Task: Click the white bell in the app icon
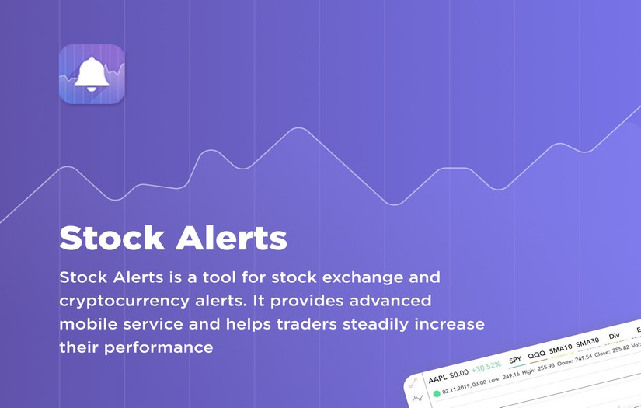[x=92, y=74]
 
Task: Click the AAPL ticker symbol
[x=437, y=378]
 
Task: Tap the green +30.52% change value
[x=486, y=367]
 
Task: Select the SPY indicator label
[x=515, y=360]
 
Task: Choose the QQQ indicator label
[x=536, y=355]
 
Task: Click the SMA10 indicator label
[x=561, y=349]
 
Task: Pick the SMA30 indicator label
[x=587, y=343]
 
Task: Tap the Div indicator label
[x=615, y=337]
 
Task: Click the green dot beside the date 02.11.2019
[x=437, y=393]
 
